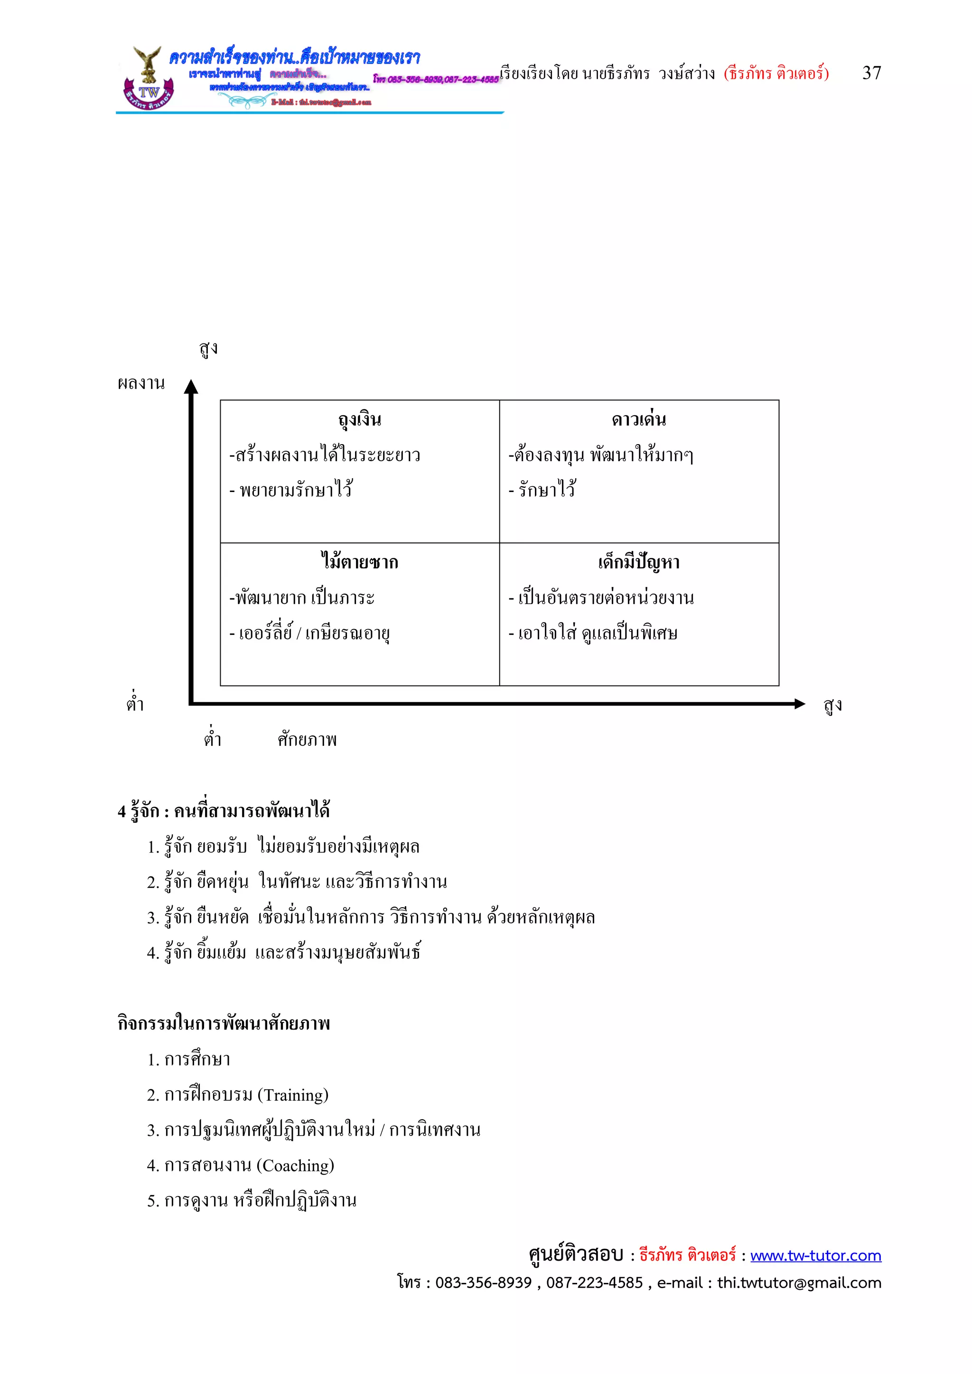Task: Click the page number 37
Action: point(871,73)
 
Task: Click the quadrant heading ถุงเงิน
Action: point(359,419)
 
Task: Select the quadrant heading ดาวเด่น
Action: point(639,419)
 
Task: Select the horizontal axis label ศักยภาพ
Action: point(307,740)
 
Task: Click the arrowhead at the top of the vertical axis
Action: point(191,387)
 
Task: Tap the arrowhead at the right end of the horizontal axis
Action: point(800,704)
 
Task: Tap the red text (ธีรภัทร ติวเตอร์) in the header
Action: point(776,74)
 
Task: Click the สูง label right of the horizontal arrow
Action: point(832,705)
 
